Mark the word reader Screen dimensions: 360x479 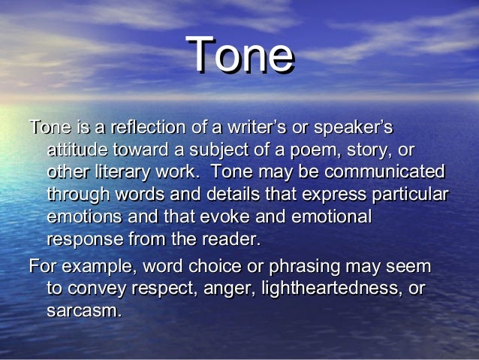(x=233, y=241)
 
